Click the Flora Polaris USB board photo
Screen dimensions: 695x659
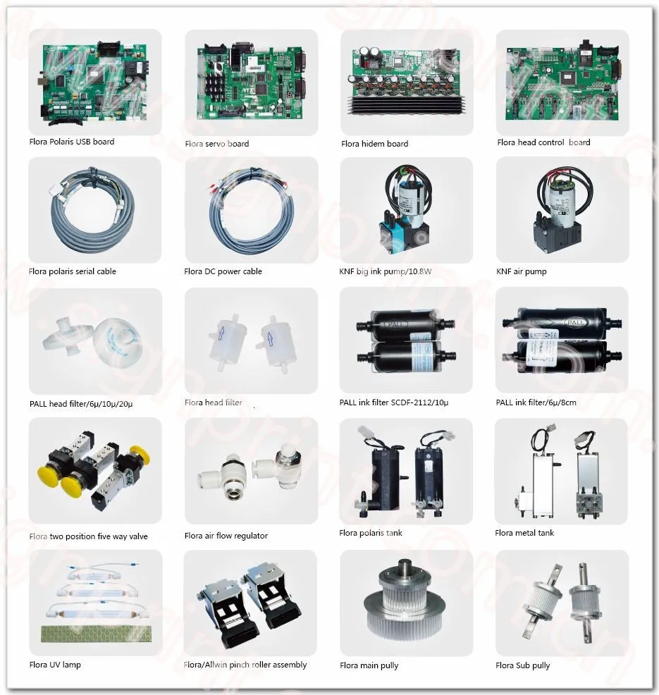pos(94,81)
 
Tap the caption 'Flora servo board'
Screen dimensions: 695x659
pos(216,144)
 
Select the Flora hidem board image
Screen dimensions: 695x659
pos(406,81)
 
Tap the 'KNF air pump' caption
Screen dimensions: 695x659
pos(521,271)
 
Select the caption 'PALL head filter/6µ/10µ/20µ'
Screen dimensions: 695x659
pos(80,404)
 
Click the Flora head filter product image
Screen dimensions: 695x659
pos(250,338)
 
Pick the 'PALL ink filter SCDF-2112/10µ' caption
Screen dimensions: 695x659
pos(393,403)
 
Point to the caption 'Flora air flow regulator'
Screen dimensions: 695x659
pos(226,536)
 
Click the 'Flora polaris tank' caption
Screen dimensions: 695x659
pos(370,533)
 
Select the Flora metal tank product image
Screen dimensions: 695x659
pos(561,469)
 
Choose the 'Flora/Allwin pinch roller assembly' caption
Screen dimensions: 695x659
pos(245,665)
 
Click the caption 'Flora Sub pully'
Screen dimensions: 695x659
pos(522,665)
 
